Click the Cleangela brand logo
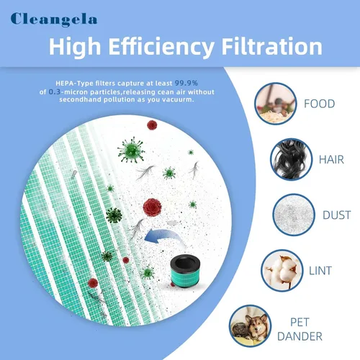tap(54, 19)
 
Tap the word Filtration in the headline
tap(272, 47)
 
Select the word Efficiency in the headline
tap(161, 48)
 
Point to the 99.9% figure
tap(186, 83)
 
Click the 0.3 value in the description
tap(55, 92)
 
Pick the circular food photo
tap(276, 104)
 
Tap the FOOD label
tap(320, 104)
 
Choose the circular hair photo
tap(291, 159)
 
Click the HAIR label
tap(331, 160)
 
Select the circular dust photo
tap(294, 215)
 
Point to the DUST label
tap(337, 215)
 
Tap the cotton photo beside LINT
tap(282, 271)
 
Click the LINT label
tap(320, 271)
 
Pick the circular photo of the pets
tap(251, 326)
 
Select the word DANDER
tap(300, 336)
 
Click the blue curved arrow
tap(166, 235)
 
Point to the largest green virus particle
tap(131, 150)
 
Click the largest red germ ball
tap(152, 207)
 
